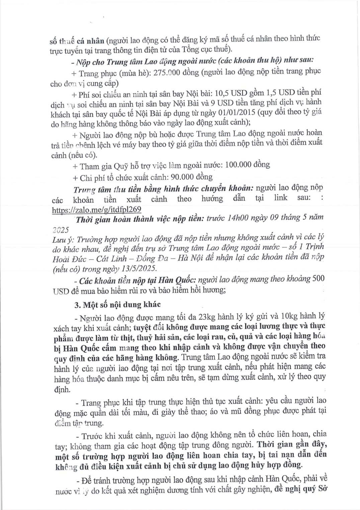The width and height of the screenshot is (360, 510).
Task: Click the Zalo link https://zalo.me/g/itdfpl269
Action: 97,210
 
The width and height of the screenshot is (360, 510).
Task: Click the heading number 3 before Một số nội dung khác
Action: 77,305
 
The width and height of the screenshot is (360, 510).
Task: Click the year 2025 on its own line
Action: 61,230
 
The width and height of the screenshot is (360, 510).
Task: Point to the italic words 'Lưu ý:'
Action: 64,240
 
